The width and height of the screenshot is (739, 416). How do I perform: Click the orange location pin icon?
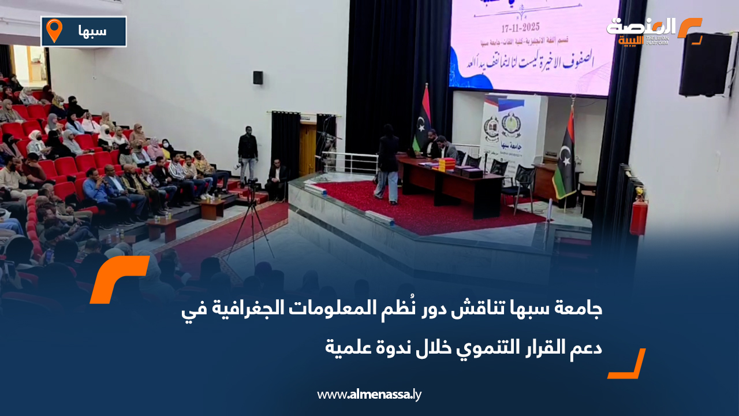(x=54, y=31)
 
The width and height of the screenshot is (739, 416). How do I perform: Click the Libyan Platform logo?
(x=653, y=31)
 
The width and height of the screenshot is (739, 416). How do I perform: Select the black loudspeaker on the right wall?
(x=704, y=64)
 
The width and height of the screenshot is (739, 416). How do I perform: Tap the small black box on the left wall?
(x=257, y=77)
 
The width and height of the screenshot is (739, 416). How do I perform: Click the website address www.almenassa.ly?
(x=369, y=395)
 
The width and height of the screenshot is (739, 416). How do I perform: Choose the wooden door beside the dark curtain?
(x=308, y=151)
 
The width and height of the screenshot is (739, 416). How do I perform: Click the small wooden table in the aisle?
(x=163, y=229)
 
